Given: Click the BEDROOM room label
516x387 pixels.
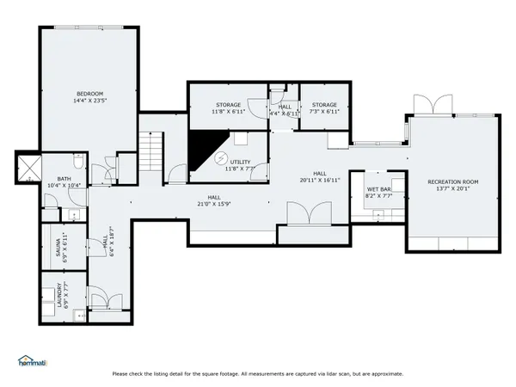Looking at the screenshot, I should tap(90, 93).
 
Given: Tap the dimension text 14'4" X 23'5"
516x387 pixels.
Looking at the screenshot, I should tap(90, 101).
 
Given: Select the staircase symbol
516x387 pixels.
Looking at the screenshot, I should tap(152, 150).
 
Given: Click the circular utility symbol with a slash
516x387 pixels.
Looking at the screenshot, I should tap(219, 159).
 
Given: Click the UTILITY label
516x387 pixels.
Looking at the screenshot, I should tap(240, 161).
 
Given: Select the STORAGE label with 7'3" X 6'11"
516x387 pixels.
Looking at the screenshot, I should tap(324, 105).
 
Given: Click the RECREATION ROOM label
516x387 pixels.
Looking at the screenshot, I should tap(452, 182).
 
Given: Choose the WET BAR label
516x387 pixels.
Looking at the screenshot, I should tap(379, 189).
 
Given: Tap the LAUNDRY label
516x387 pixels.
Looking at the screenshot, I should tap(59, 296).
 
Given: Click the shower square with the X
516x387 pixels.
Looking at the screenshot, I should tap(29, 167).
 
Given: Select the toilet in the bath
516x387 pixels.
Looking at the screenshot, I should tap(77, 163).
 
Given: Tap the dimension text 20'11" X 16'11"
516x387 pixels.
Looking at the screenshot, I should tap(320, 180).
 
